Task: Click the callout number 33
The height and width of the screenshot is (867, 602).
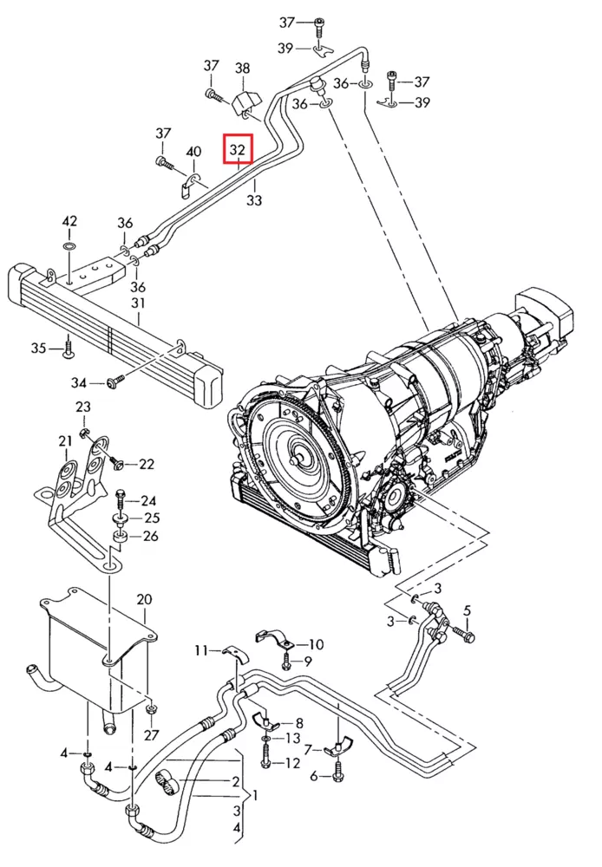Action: [254, 200]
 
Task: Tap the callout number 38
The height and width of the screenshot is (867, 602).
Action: [242, 68]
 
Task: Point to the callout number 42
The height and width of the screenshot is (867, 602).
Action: [69, 222]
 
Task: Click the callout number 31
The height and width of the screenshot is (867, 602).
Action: [138, 303]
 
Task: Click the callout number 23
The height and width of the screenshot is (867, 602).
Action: [83, 407]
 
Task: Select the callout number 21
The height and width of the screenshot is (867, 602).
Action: [65, 442]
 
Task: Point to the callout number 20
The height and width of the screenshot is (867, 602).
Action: [144, 599]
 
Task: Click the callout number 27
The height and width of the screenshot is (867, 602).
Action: [152, 736]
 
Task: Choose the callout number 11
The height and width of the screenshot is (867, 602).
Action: [201, 650]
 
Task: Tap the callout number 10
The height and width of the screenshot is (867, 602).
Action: [315, 644]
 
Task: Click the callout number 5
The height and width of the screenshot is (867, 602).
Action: [467, 611]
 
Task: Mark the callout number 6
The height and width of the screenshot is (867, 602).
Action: [314, 776]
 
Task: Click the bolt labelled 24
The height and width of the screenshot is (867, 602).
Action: [120, 499]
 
